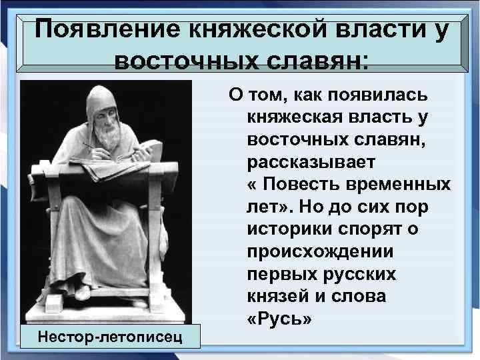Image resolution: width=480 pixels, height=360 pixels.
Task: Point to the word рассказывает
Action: (x=311, y=161)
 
